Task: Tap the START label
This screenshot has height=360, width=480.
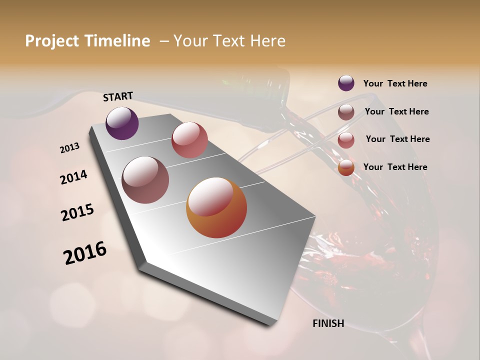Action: click(118, 96)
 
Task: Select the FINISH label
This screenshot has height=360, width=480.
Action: click(328, 323)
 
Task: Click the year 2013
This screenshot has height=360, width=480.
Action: click(70, 148)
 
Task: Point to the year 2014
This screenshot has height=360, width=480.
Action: click(74, 177)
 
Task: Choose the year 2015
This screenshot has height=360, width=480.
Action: click(77, 212)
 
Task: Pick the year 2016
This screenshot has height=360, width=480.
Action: click(85, 253)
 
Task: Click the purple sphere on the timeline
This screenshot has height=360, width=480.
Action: click(122, 123)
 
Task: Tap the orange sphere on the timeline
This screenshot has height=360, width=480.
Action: click(216, 207)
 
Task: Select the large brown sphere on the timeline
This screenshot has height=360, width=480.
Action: click(145, 179)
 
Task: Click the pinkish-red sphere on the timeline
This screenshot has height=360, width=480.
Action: click(189, 140)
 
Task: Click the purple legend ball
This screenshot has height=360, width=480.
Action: click(346, 83)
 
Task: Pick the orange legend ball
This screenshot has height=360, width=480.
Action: click(346, 167)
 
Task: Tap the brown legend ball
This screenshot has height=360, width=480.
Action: click(346, 112)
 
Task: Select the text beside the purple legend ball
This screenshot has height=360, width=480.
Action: click(395, 83)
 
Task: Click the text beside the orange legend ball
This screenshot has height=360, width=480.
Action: click(395, 167)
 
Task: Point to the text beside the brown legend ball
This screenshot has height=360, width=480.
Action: click(396, 111)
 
